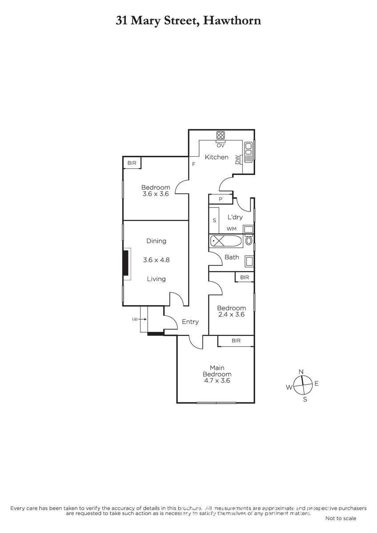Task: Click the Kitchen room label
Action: tap(216, 157)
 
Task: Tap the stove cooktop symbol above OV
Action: tap(221, 135)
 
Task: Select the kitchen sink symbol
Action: tap(248, 152)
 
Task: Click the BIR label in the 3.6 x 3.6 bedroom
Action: tap(132, 163)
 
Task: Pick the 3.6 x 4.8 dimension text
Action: tap(156, 260)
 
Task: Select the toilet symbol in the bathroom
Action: tap(249, 242)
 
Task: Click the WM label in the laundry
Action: tap(232, 229)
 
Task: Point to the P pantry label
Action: tap(220, 199)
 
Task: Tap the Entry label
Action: tap(190, 322)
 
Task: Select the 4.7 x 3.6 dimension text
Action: tap(217, 381)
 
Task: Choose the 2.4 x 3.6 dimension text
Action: tap(231, 314)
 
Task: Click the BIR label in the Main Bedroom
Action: tap(236, 341)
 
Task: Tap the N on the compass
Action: tap(301, 372)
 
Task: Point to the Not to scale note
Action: tap(341, 518)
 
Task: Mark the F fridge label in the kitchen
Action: tap(194, 164)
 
